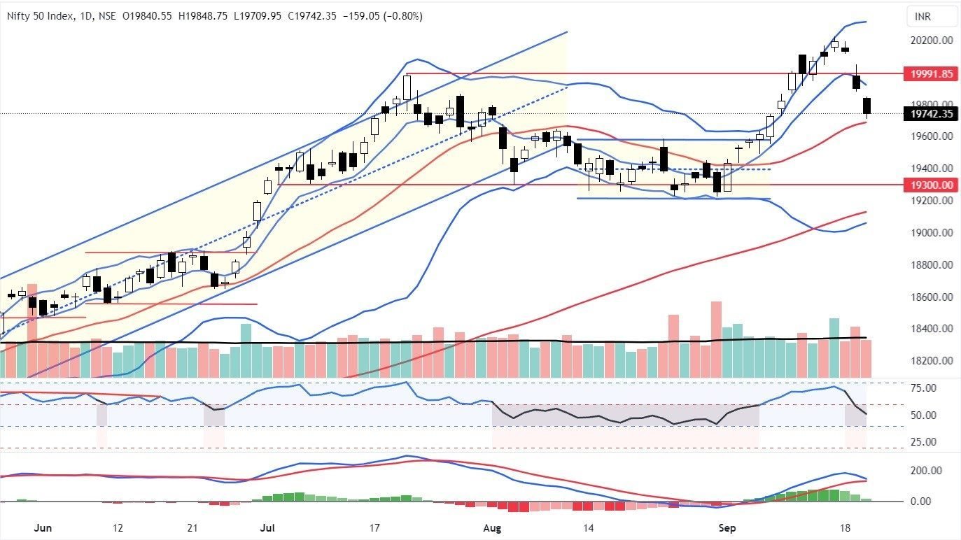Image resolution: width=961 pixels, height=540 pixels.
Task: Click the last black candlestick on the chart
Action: click(x=867, y=106)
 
